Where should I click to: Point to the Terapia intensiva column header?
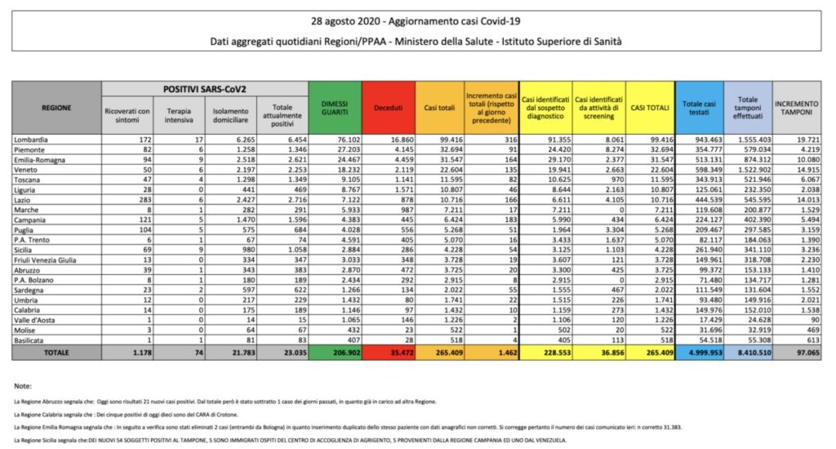179,115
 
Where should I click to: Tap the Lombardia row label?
32,140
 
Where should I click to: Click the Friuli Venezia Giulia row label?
46,260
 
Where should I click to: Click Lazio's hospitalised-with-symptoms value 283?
141,200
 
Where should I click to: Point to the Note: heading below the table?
24,385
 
